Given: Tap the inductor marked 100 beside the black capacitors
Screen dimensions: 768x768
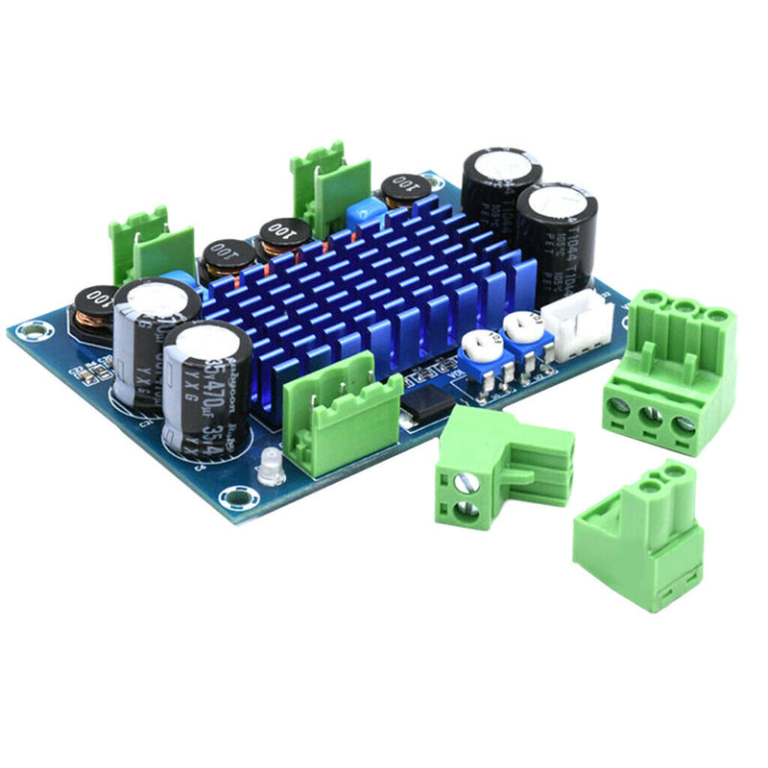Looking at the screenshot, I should point(406,190).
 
